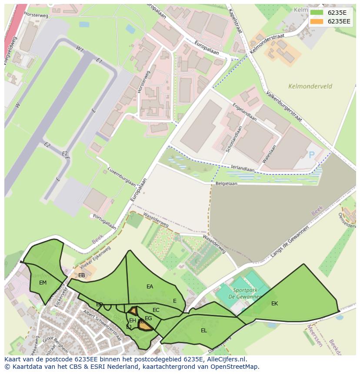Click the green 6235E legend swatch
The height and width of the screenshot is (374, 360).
[317, 13]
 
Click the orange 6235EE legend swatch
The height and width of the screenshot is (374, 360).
[317, 21]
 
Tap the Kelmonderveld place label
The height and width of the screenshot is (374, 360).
[310, 86]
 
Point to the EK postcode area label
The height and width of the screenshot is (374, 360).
[274, 304]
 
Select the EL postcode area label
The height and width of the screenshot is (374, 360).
[204, 331]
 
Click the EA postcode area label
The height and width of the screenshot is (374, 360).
[150, 287]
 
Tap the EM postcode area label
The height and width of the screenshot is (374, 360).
[43, 283]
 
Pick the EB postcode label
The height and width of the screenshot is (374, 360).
[82, 275]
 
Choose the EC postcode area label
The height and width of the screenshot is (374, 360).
[156, 310]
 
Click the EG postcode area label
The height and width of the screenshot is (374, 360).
[148, 318]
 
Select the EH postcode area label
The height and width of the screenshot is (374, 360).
[133, 321]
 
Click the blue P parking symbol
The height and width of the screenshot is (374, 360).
[311, 155]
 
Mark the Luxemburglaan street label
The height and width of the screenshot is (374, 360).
[122, 176]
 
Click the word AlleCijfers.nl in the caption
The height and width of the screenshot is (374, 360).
[227, 360]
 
